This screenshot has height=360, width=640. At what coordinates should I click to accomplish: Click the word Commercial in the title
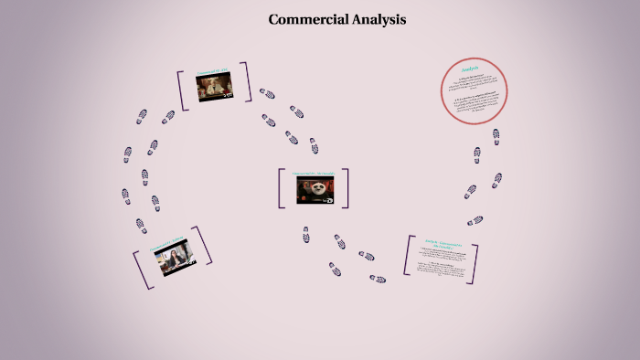click(x=307, y=19)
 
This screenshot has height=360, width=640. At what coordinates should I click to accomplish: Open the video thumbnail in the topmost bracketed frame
click(x=214, y=87)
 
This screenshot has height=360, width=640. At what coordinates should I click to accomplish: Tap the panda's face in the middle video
click(x=315, y=189)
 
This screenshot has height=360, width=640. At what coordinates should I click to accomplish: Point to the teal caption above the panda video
click(x=314, y=173)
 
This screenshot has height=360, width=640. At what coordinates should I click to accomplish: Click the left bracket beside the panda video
click(x=283, y=188)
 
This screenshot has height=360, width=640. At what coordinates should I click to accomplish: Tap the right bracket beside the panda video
click(x=346, y=187)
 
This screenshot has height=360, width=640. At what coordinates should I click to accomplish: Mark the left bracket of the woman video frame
click(x=139, y=271)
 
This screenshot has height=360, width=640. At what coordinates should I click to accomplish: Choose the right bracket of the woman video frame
click(x=205, y=246)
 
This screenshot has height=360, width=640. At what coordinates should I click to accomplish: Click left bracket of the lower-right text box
click(x=408, y=255)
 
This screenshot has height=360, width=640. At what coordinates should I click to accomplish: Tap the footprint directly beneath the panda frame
click(x=306, y=235)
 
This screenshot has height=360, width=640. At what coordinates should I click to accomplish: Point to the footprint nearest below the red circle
click(x=496, y=136)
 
